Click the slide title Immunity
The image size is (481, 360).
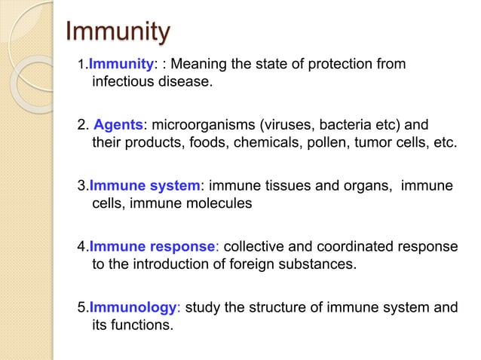coord(118,32)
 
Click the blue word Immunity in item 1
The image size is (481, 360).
coord(121,65)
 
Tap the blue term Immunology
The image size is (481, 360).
coord(132,307)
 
